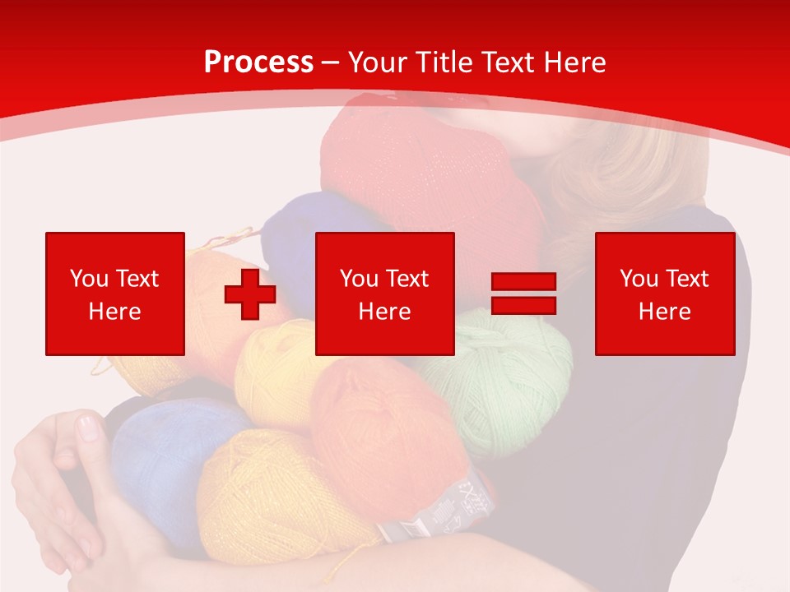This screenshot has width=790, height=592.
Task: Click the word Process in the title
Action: [258, 62]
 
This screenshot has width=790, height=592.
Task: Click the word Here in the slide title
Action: [574, 62]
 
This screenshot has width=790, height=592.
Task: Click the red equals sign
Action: [523, 294]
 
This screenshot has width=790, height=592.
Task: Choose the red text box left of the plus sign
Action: [114, 294]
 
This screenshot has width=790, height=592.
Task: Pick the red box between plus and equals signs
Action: [384, 294]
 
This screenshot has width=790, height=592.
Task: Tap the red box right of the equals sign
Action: [664, 294]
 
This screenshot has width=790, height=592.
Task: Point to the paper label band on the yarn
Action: [444, 510]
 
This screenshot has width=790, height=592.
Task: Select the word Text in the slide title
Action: [509, 62]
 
